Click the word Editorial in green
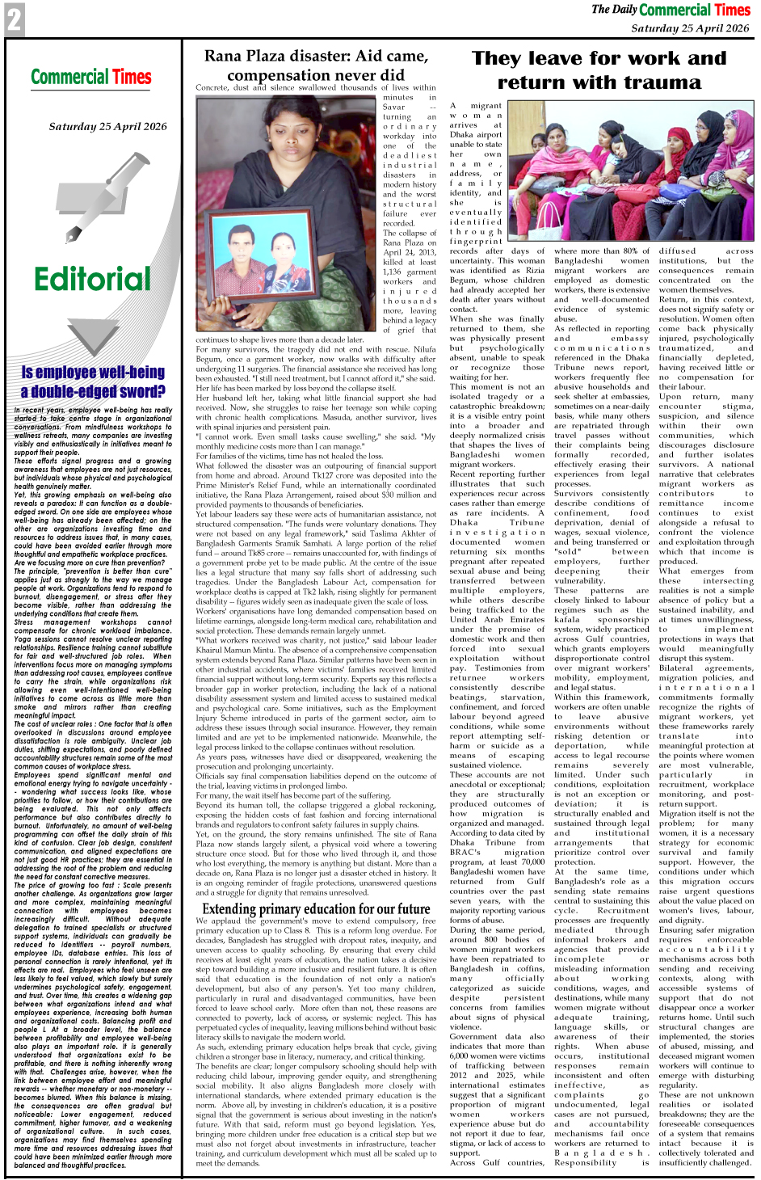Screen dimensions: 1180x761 (x=92, y=279)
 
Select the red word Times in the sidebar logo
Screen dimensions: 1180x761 (x=132, y=78)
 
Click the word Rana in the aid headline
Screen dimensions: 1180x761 (x=222, y=56)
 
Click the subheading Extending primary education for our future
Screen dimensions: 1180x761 (x=316, y=908)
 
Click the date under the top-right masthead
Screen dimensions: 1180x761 (x=690, y=27)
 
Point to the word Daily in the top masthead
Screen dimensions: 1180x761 (x=624, y=10)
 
